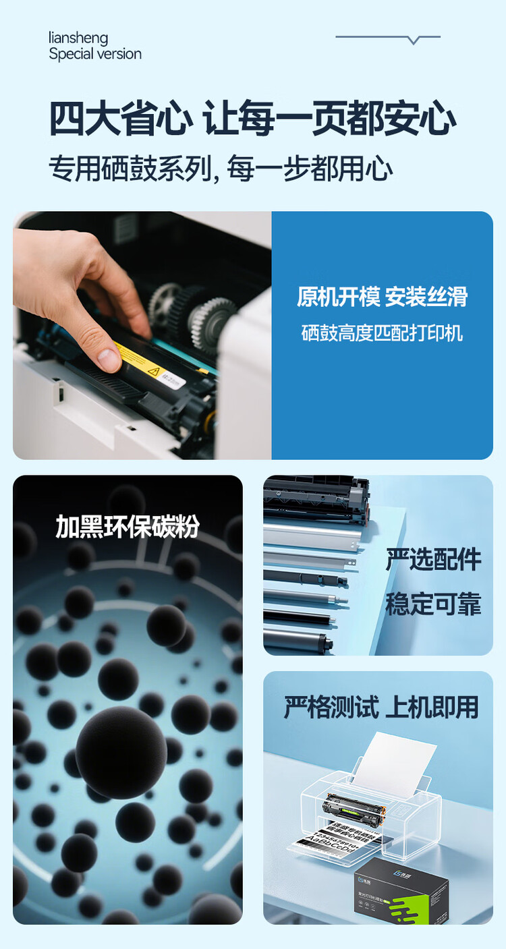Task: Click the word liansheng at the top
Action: point(78,38)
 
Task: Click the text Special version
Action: point(95,55)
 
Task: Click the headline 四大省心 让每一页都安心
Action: point(252,119)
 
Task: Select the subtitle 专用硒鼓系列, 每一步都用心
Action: point(221,169)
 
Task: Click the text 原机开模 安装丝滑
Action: point(382,297)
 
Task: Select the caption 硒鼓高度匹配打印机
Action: point(382,333)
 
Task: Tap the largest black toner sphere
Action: point(121,752)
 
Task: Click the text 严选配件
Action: point(433,560)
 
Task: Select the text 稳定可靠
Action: point(433,604)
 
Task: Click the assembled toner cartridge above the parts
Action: point(316,497)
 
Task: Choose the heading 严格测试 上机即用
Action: point(381,708)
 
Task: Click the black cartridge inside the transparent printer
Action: point(352,806)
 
